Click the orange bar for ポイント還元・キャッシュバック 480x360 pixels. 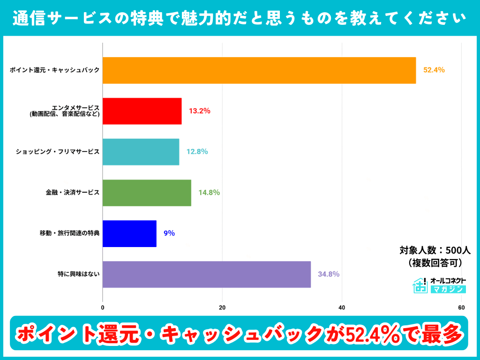point(259,70)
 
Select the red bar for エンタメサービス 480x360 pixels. point(142,111)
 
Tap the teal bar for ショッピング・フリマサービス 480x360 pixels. point(141,152)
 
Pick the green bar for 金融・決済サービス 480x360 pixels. point(147,193)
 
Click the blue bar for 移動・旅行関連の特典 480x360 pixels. point(129,233)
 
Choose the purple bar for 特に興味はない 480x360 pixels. point(207,274)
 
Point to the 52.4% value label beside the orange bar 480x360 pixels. point(434,70)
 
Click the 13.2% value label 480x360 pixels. point(199,111)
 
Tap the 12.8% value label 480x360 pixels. point(197,152)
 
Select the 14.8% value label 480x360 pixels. point(209,193)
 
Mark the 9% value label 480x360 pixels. point(169,233)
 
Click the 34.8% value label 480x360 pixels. point(329,274)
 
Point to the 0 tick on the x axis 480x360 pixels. point(103,308)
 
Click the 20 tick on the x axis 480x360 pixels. point(222,308)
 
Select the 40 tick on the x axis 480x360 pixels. point(342,308)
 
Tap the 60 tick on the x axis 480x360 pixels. point(461,308)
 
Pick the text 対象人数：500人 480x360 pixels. point(431,250)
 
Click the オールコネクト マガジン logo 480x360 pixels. point(439,285)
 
